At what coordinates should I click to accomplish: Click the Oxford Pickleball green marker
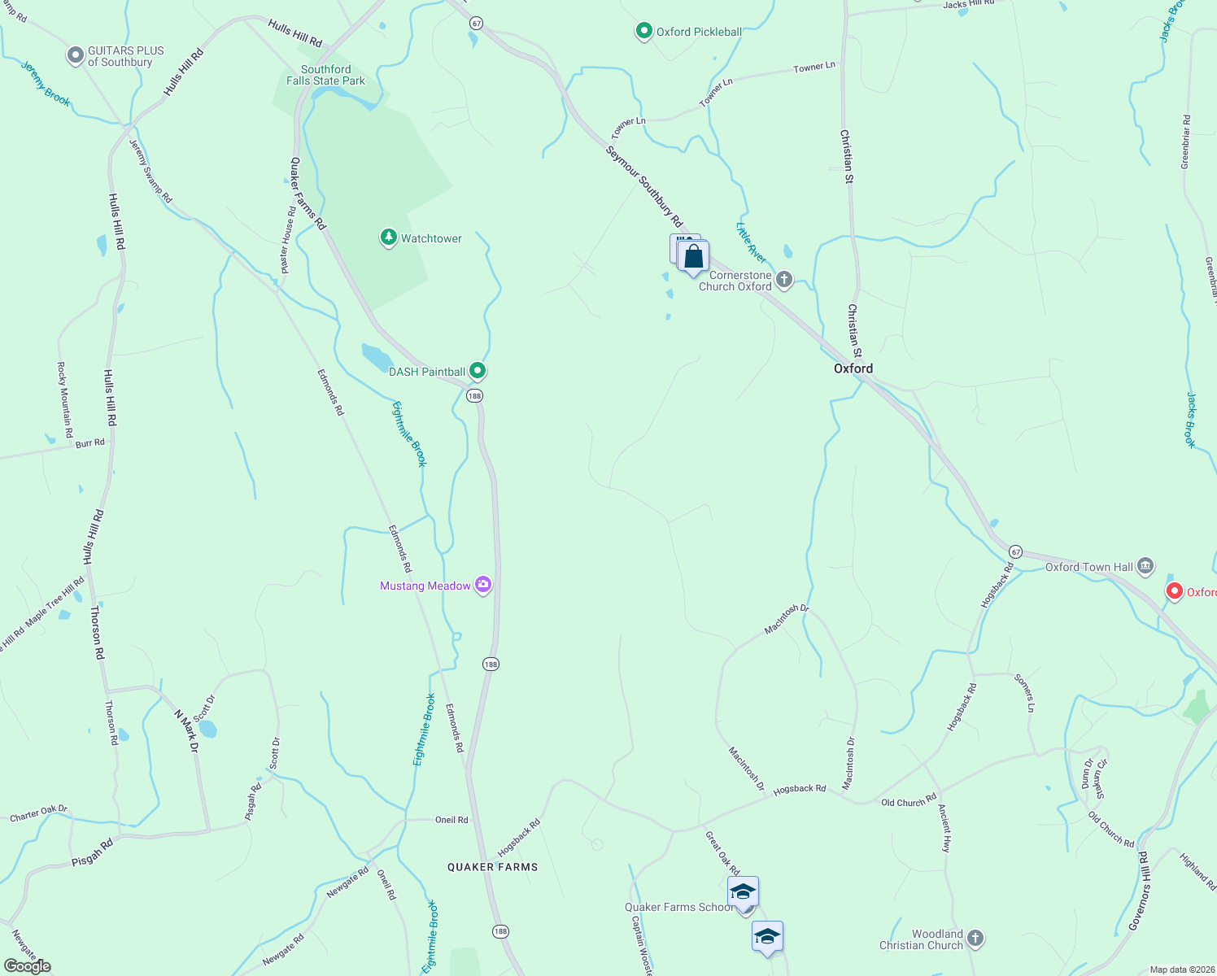click(643, 32)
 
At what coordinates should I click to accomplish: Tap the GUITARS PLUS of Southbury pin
click(75, 55)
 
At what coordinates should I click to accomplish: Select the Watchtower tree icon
click(389, 237)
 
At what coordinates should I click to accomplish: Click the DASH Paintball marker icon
click(478, 371)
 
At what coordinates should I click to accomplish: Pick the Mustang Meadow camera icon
click(483, 585)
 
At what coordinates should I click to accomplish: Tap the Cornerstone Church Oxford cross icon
click(783, 280)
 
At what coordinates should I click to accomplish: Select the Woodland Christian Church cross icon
click(975, 939)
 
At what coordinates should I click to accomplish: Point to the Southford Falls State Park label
click(325, 75)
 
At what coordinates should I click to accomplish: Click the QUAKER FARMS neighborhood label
click(492, 867)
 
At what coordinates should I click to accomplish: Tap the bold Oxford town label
click(853, 368)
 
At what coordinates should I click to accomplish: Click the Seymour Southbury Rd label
click(644, 186)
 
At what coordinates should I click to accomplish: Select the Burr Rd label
click(89, 443)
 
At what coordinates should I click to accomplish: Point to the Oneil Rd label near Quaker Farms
click(451, 820)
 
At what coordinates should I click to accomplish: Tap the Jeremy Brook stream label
click(46, 84)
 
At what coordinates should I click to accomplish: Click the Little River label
click(751, 242)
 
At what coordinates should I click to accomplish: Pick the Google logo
click(28, 966)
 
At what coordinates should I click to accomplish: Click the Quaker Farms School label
click(678, 907)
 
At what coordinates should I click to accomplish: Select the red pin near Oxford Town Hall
click(1174, 591)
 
